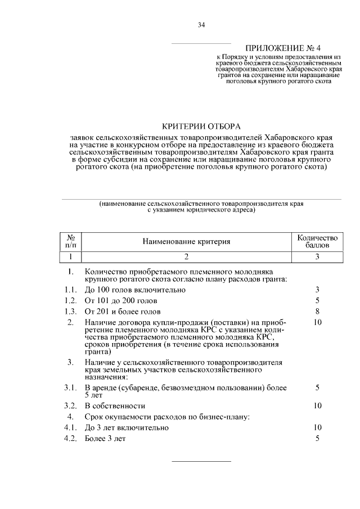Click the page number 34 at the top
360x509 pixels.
[201, 24]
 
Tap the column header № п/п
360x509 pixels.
[71, 241]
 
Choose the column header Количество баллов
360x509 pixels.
[317, 241]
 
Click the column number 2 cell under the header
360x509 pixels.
[186, 257]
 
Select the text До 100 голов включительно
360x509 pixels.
[135, 290]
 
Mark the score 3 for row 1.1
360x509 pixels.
[317, 290]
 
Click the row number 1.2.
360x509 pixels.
[70, 300]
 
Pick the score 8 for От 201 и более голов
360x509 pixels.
[317, 311]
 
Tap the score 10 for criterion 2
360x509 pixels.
[317, 322]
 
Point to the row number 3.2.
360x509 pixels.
[70, 405]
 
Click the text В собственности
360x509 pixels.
[115, 405]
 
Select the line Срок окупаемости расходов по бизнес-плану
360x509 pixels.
[167, 417]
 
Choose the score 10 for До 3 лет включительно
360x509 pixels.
[317, 427]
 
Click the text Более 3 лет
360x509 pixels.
[105, 438]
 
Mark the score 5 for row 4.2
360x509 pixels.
[317, 438]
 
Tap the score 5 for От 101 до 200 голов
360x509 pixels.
[317, 300]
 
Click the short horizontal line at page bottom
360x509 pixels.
[201, 462]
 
